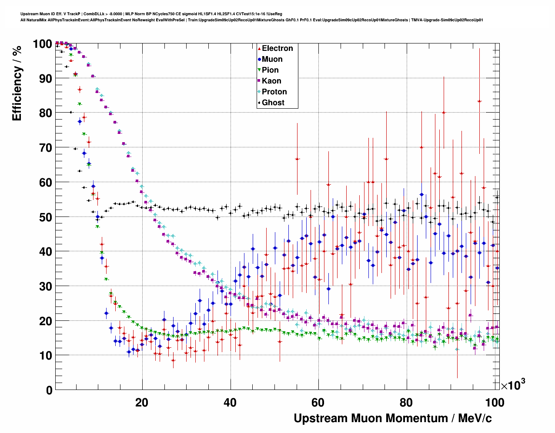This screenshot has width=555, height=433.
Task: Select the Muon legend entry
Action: coord(272,59)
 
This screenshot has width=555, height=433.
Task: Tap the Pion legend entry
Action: coord(270,70)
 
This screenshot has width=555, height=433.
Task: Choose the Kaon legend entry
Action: coord(271,81)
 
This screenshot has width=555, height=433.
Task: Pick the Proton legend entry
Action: coord(274,92)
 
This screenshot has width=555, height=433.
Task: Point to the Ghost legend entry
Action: coord(273,103)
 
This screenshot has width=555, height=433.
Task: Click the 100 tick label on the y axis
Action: coord(43,44)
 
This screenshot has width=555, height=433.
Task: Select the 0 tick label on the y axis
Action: coord(50,390)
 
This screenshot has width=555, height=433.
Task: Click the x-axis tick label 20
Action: coord(142,402)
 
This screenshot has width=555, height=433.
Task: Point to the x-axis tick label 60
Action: coord(318,402)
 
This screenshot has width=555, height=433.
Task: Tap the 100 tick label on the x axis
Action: coord(495,402)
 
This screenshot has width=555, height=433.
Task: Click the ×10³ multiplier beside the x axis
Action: coord(513,385)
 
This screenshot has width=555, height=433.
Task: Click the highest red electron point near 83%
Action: coord(479,101)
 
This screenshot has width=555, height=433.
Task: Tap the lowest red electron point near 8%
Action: coord(173,360)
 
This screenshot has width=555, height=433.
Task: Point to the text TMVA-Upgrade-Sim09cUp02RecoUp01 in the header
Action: coord(447,20)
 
